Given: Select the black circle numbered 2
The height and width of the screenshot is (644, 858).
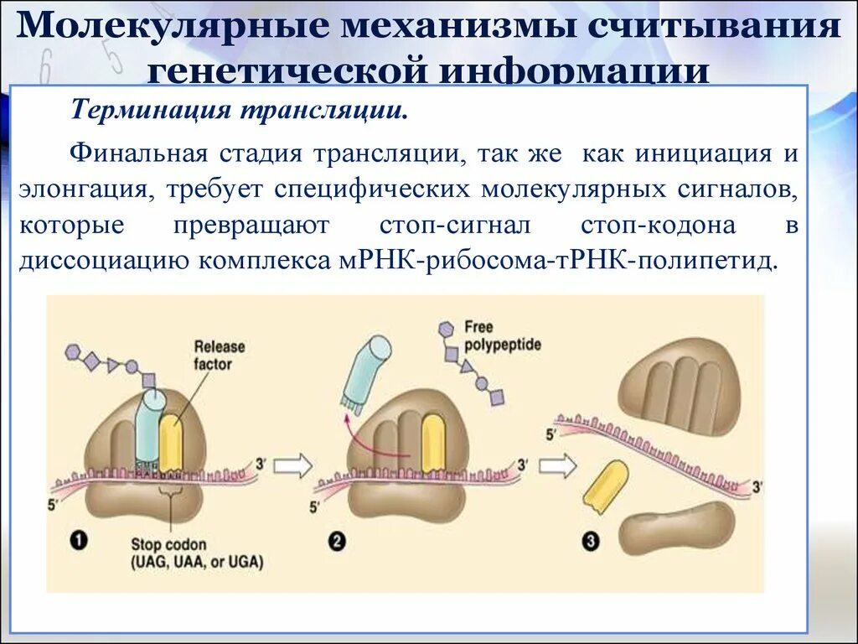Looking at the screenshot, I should (x=337, y=541).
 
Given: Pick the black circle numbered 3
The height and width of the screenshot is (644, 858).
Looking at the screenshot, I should (x=592, y=541).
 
